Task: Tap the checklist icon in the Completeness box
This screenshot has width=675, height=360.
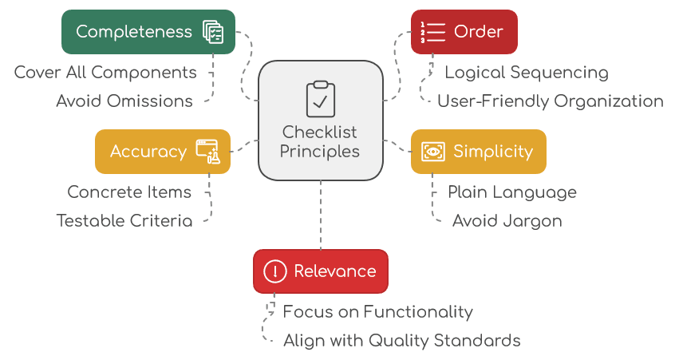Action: click(x=213, y=32)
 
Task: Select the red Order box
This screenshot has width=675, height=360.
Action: click(x=464, y=32)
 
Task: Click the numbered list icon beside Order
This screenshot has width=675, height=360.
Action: click(x=432, y=32)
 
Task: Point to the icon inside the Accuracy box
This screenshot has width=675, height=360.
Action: click(x=207, y=152)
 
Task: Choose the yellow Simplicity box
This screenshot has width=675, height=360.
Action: click(x=478, y=152)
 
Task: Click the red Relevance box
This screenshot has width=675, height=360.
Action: click(x=320, y=271)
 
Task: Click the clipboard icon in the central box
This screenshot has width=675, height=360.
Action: click(x=320, y=98)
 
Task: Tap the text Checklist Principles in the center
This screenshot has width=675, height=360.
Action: click(x=320, y=141)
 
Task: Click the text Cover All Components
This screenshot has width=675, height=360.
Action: click(x=105, y=73)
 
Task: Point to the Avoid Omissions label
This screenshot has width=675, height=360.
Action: click(x=124, y=101)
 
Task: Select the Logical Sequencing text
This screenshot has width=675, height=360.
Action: click(x=527, y=73)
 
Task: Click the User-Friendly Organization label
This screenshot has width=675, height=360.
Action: click(x=551, y=101)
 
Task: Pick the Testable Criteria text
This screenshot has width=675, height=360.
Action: click(x=124, y=221)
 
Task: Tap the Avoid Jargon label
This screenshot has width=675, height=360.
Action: click(x=507, y=221)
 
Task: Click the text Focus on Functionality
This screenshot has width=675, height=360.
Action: click(x=378, y=312)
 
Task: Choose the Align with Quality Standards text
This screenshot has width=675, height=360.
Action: click(x=402, y=341)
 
